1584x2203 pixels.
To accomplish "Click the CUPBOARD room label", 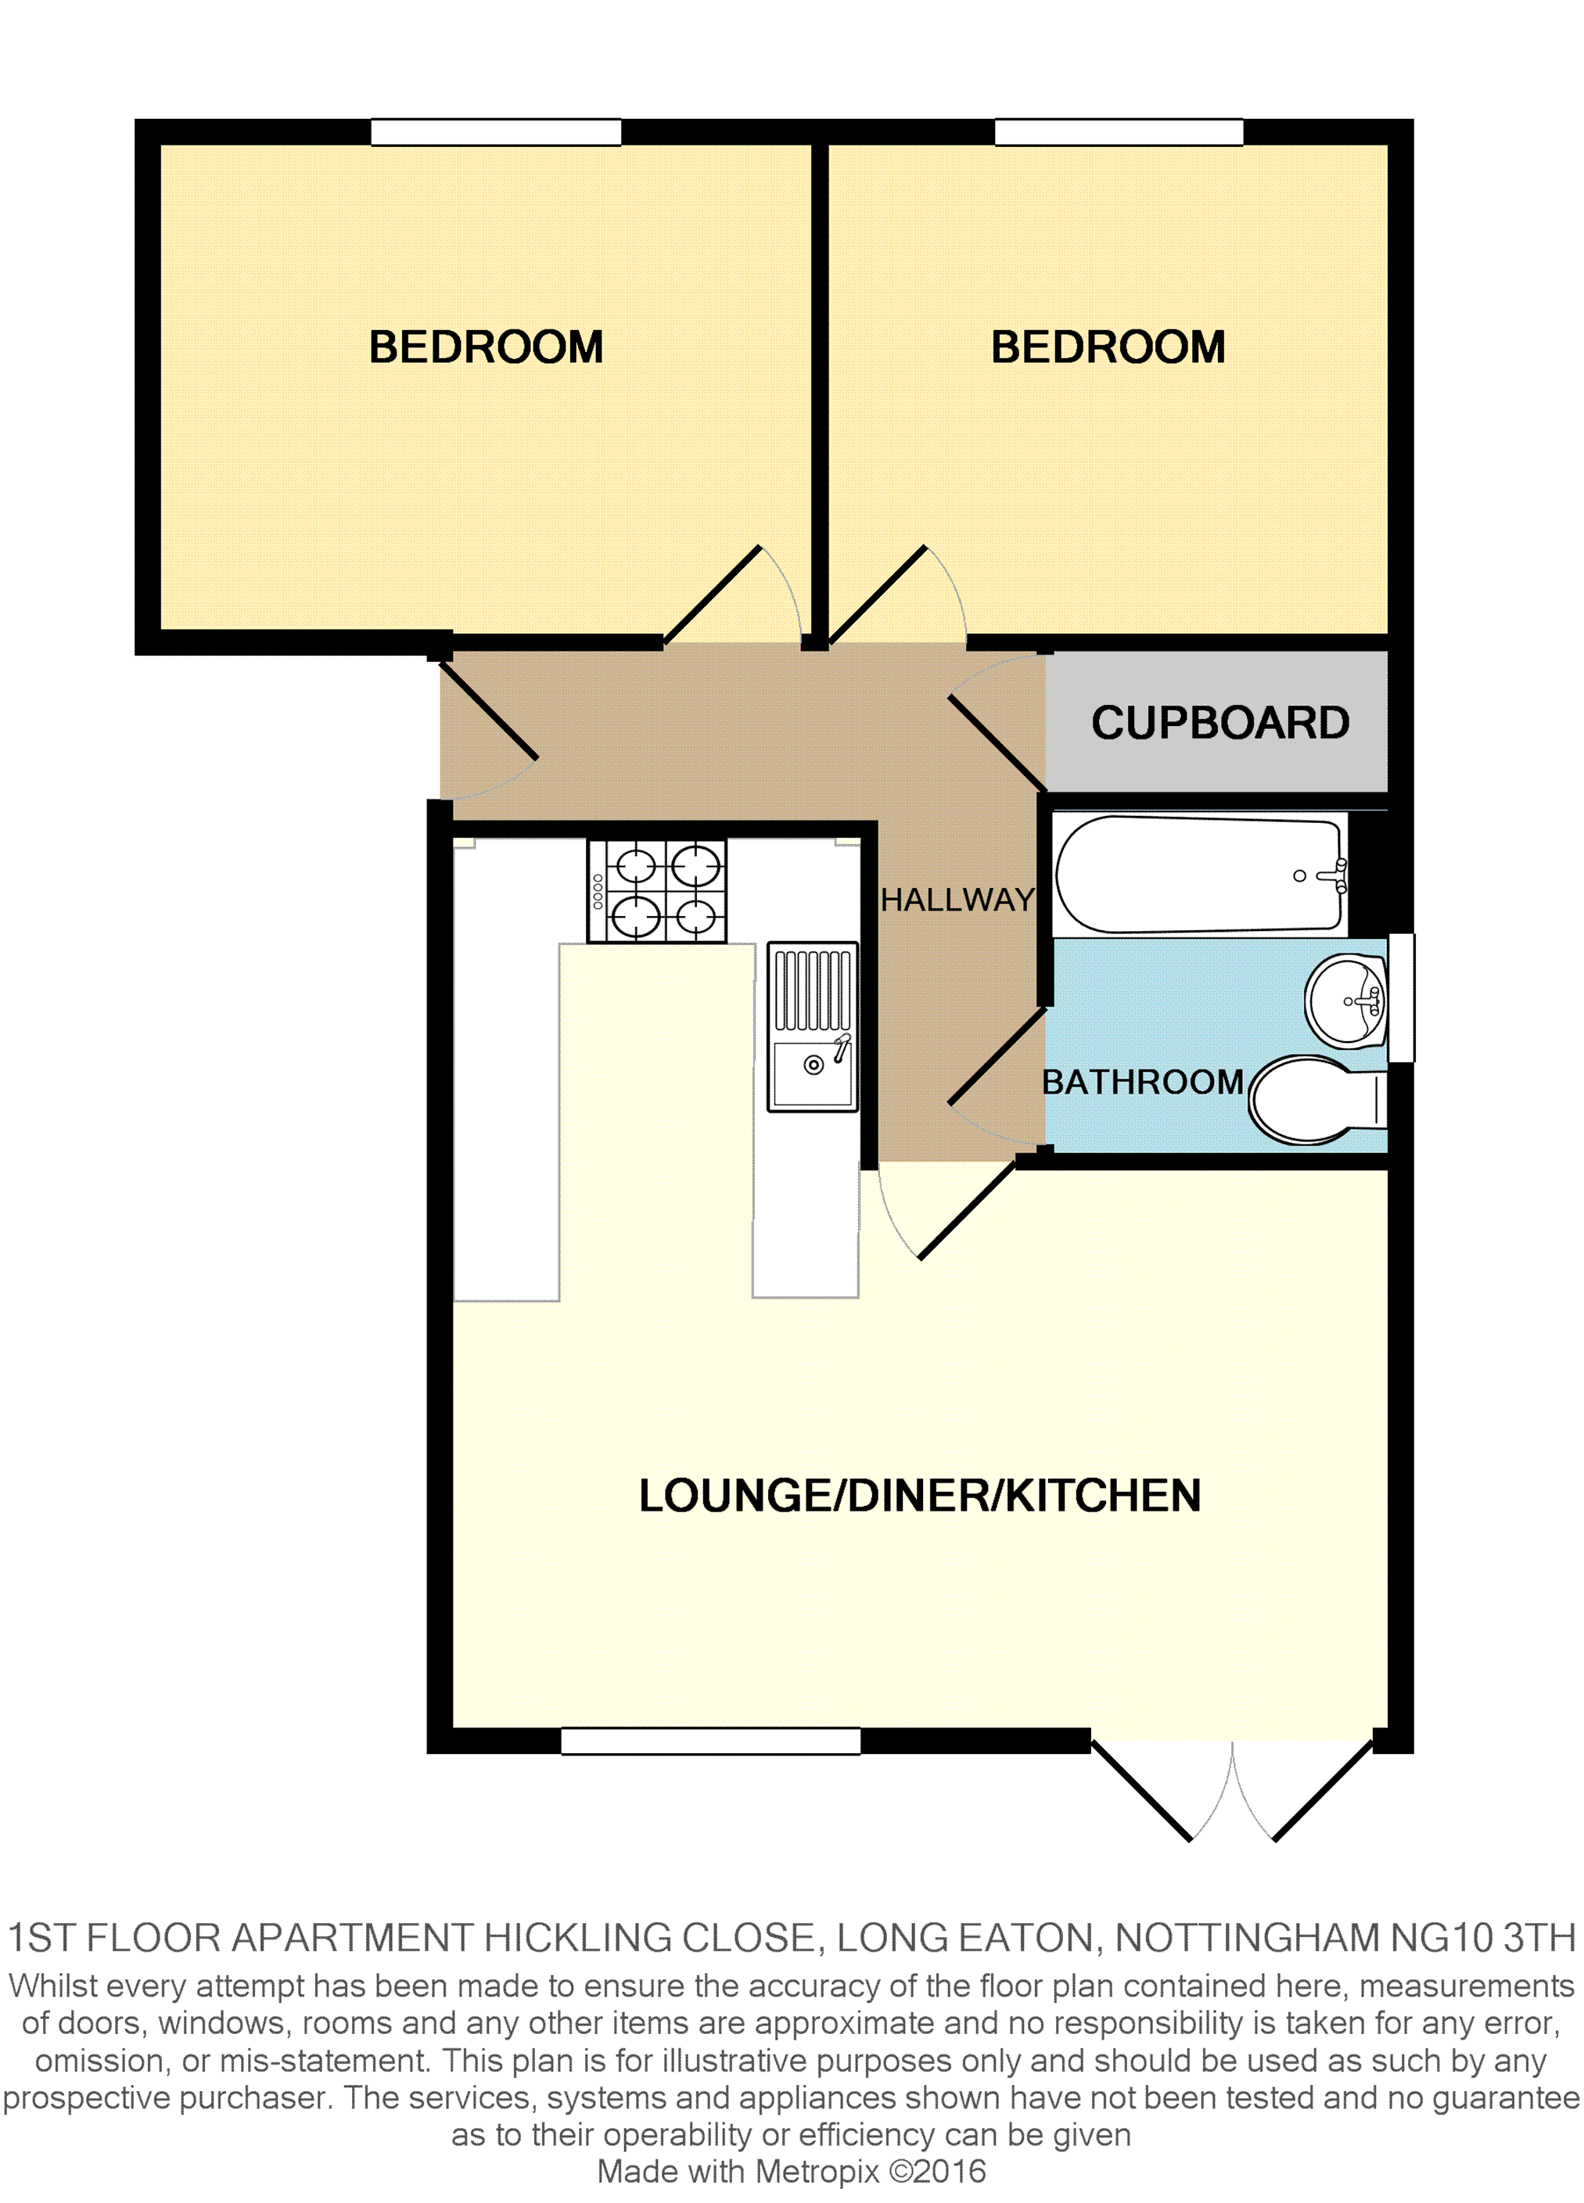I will click(1219, 723).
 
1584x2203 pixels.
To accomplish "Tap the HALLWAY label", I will click(957, 900).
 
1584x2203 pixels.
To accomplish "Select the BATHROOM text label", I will click(1142, 1082).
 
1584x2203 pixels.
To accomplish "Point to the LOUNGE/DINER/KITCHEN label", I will click(919, 1496).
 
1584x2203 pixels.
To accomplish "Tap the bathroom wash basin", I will click(1347, 1001).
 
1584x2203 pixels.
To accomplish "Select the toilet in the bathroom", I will click(1311, 1100).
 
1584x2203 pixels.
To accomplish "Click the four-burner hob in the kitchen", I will click(656, 891).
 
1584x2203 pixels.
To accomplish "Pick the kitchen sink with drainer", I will click(813, 1026).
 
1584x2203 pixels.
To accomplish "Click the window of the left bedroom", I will click(495, 132).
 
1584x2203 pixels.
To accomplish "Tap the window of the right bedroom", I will click(1119, 132).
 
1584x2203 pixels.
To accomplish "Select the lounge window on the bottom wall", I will click(710, 1741).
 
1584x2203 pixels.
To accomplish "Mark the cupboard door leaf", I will click(997, 743).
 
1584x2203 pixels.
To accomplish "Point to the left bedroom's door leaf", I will click(712, 595).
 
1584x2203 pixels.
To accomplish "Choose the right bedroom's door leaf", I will click(877, 595).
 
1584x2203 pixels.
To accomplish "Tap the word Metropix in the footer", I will click(817, 2172).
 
